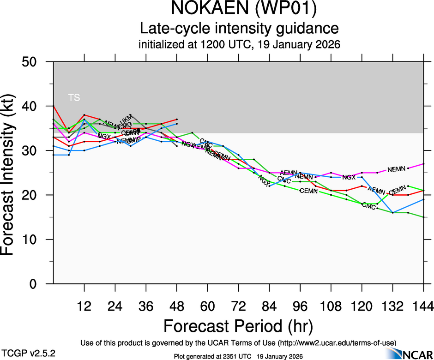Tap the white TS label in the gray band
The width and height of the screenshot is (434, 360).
tap(74, 97)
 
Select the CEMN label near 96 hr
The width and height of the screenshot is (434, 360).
tap(308, 191)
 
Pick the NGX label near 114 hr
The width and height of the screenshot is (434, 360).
tap(349, 177)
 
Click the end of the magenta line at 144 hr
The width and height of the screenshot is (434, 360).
tap(423, 164)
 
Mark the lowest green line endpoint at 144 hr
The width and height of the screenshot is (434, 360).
tap(423, 217)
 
